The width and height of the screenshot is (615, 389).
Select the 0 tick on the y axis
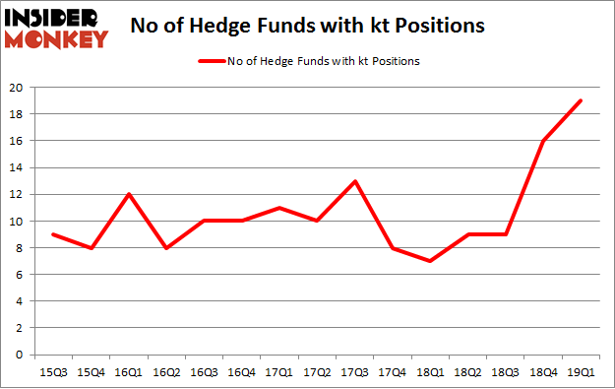[20, 355]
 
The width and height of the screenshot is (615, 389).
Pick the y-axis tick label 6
[20, 275]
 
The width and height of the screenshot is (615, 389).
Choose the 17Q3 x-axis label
[355, 373]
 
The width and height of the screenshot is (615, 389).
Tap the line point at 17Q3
[355, 181]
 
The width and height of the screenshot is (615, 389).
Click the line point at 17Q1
[279, 208]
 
